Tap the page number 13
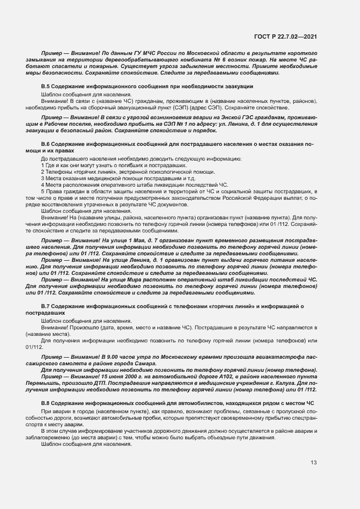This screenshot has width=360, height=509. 314,463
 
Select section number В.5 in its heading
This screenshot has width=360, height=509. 45,87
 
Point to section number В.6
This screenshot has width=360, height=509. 45,144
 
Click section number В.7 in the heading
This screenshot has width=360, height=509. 45,307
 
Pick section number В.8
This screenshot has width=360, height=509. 45,402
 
